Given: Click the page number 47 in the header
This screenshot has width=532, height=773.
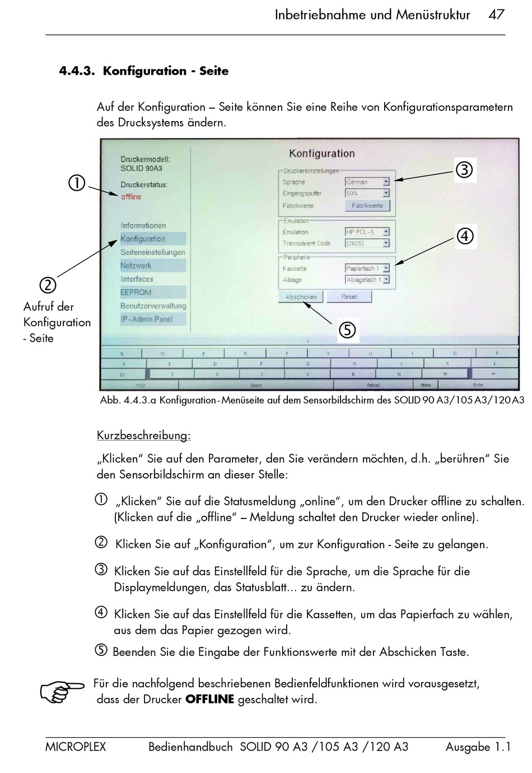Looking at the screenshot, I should coord(496,15).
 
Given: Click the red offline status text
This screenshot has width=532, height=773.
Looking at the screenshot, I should coord(131,197).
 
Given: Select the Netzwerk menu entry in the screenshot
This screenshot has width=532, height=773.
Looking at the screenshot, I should coord(136,266).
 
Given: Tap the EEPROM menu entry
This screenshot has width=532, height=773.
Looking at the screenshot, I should coord(136,292).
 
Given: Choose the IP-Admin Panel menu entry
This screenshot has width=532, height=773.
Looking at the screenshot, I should coord(147,319).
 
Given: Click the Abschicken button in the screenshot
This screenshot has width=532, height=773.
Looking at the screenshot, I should coord(301,297).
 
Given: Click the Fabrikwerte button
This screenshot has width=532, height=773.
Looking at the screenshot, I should coord(367,206).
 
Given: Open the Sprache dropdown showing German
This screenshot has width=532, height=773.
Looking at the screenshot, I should coord(367,182).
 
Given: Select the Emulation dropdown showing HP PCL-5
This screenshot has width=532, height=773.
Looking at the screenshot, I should coord(367,232).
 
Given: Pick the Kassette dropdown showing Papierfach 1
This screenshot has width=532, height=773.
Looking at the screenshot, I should coord(367,269).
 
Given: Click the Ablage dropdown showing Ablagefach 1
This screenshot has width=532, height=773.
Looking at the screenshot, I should coord(367,280).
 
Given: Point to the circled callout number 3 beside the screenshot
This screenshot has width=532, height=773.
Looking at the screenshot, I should coord(464,170).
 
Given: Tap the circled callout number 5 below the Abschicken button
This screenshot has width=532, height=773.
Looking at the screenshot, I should coord(347,330).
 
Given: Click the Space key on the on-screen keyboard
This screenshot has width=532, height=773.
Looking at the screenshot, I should coord(256,385).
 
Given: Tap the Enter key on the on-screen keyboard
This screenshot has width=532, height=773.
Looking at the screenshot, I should coord(478,385).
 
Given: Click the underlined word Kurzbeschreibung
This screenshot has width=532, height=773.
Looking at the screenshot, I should coord(143,436).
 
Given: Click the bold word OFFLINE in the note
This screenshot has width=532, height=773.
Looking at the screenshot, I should coord(209,700).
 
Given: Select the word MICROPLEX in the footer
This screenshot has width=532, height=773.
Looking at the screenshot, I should coord(76,747).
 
